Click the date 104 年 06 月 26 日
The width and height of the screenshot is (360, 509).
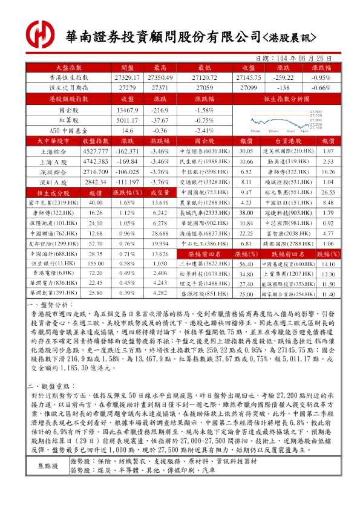tap(301, 59)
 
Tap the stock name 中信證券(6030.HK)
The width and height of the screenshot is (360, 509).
tap(202, 151)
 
